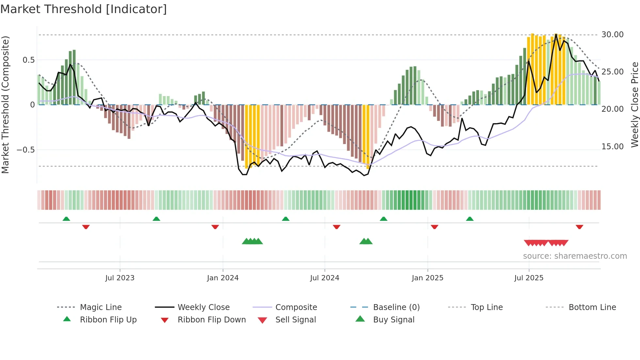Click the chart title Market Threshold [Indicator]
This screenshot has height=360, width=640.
point(84,9)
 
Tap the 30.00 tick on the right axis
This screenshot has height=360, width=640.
point(612,35)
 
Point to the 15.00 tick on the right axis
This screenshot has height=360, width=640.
point(612,147)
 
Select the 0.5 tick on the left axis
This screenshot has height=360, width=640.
point(28,60)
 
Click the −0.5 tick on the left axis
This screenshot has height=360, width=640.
point(25,150)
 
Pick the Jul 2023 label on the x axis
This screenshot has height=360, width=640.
point(120,278)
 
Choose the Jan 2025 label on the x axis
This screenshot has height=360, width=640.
point(427,278)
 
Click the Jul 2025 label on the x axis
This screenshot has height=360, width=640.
point(529,278)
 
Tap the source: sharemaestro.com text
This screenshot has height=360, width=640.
point(575,256)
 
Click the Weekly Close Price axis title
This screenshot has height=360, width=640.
point(634,105)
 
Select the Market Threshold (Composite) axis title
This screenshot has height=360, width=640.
point(5,105)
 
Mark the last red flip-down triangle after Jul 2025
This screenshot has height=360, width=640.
point(579,227)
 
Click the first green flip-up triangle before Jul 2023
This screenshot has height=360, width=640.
point(66,219)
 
